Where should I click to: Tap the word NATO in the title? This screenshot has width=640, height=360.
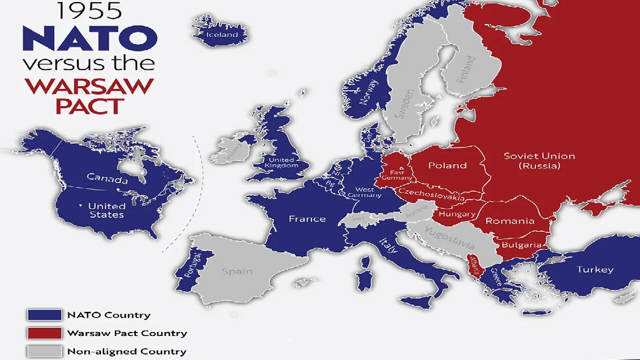click(x=90, y=38)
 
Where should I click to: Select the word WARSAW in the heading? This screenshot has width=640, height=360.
click(x=89, y=86)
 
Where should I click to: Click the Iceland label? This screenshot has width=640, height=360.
click(x=222, y=35)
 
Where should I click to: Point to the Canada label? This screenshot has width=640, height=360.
click(x=107, y=178)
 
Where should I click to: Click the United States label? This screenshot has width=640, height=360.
click(x=106, y=210)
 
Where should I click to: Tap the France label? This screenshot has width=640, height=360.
click(x=307, y=218)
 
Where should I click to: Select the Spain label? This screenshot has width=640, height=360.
click(x=237, y=271)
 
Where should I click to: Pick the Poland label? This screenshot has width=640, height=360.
click(x=447, y=165)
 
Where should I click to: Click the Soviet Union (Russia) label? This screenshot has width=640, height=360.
click(x=539, y=160)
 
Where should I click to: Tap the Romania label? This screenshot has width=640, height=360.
click(x=510, y=220)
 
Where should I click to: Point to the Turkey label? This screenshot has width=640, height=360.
click(x=595, y=269)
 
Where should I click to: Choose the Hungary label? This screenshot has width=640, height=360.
click(x=456, y=214)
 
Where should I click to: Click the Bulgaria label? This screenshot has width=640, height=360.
click(x=521, y=245)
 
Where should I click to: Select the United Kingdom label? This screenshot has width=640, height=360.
click(x=283, y=162)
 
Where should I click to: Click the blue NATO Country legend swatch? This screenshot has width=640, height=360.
click(x=44, y=315)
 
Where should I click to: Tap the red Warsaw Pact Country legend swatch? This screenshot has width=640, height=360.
click(x=44, y=333)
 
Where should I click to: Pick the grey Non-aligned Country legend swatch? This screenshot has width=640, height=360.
click(x=44, y=351)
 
